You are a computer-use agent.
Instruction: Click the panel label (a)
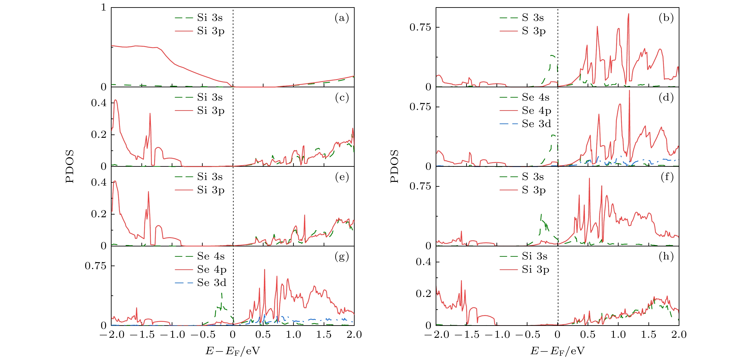pos(342,18)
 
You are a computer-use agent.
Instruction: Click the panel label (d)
pos(666,98)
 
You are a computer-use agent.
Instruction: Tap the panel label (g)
pos(342,257)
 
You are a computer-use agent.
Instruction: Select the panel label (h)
pos(666,257)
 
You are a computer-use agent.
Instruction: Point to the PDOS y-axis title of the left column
pos(70,166)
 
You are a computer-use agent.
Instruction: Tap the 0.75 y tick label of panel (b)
pos(420,27)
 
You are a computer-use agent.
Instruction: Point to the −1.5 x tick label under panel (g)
pos(142,335)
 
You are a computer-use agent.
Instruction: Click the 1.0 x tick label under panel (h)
pos(618,335)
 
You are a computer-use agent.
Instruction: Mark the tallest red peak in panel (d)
pos(629,91)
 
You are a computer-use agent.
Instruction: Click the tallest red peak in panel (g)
pos(264,270)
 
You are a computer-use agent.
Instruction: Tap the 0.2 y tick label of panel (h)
pos(423,294)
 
